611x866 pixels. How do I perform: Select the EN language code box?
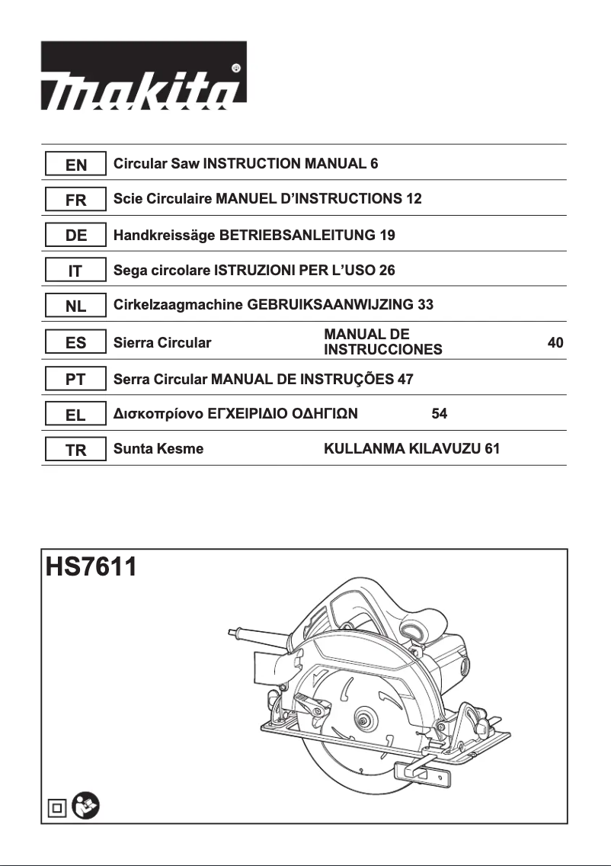click(75, 164)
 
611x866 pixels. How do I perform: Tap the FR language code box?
click(75, 200)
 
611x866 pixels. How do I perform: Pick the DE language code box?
click(75, 236)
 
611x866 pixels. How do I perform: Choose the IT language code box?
click(75, 271)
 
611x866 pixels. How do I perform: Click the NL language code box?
click(75, 306)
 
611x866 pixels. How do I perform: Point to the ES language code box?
click(75, 342)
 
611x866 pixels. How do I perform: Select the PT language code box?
click(75, 378)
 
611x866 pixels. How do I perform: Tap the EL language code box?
click(75, 414)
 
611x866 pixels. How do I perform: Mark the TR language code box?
click(75, 450)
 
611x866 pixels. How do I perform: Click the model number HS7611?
click(91, 569)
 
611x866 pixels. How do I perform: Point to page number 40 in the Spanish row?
click(555, 343)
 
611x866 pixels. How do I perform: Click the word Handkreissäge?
click(164, 236)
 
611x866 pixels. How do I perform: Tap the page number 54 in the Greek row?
click(439, 414)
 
